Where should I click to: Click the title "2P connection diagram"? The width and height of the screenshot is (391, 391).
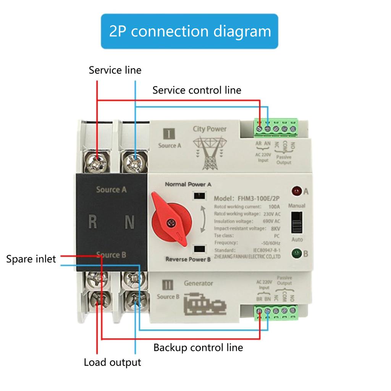click(189, 31)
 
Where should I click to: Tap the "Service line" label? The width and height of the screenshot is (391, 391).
click(115, 70)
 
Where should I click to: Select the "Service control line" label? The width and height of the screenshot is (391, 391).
click(197, 90)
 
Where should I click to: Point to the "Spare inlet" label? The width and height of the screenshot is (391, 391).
click(31, 259)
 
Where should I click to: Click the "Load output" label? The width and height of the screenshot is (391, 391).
click(112, 362)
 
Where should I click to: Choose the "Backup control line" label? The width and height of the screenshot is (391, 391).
click(198, 347)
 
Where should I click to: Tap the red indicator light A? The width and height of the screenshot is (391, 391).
click(296, 191)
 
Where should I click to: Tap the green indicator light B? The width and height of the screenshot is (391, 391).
click(296, 253)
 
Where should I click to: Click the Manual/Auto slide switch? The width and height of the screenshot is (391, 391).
click(296, 222)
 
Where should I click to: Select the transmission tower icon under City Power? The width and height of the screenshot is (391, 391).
click(209, 153)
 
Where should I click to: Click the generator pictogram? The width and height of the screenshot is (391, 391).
click(205, 304)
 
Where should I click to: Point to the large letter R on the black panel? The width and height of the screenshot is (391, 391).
click(92, 221)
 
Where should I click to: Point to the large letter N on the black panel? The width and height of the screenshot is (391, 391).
click(130, 221)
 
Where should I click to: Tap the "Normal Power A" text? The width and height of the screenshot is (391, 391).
click(188, 184)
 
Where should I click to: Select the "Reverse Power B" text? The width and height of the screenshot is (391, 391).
click(188, 260)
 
